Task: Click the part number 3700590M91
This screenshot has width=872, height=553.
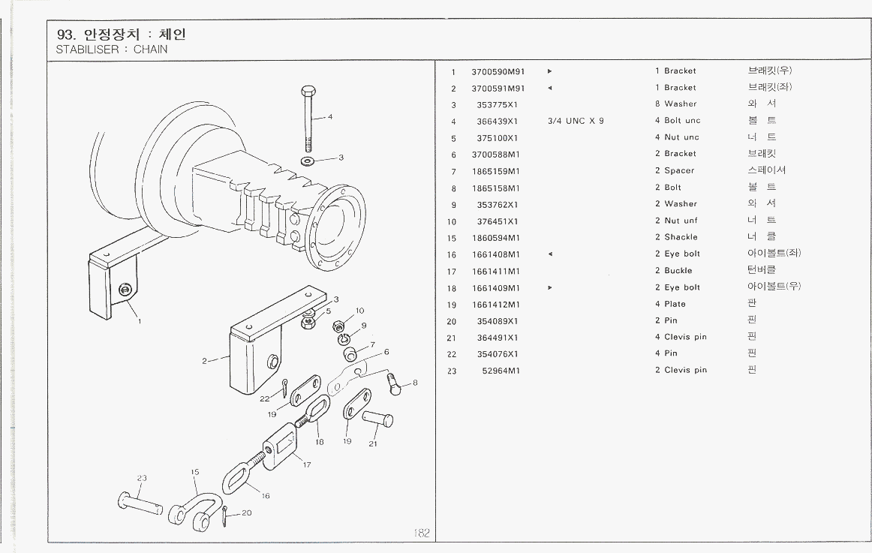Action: tap(498, 71)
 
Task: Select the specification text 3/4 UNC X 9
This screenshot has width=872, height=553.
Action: tap(576, 121)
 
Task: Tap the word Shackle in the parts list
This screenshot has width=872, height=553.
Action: tap(681, 237)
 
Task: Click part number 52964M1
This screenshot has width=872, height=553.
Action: tap(501, 370)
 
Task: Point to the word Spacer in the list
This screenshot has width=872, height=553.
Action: tap(679, 170)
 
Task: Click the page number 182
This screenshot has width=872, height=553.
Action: tap(422, 533)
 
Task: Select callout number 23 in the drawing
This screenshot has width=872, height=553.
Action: tap(142, 477)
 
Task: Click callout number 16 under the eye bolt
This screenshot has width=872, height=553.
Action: tap(265, 495)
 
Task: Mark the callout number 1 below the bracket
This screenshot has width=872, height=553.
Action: tap(139, 320)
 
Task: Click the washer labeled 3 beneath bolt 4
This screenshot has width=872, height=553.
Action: tap(308, 161)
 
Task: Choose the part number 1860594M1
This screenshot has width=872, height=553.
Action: tap(498, 237)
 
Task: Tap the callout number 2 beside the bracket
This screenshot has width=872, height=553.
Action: tap(204, 361)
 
